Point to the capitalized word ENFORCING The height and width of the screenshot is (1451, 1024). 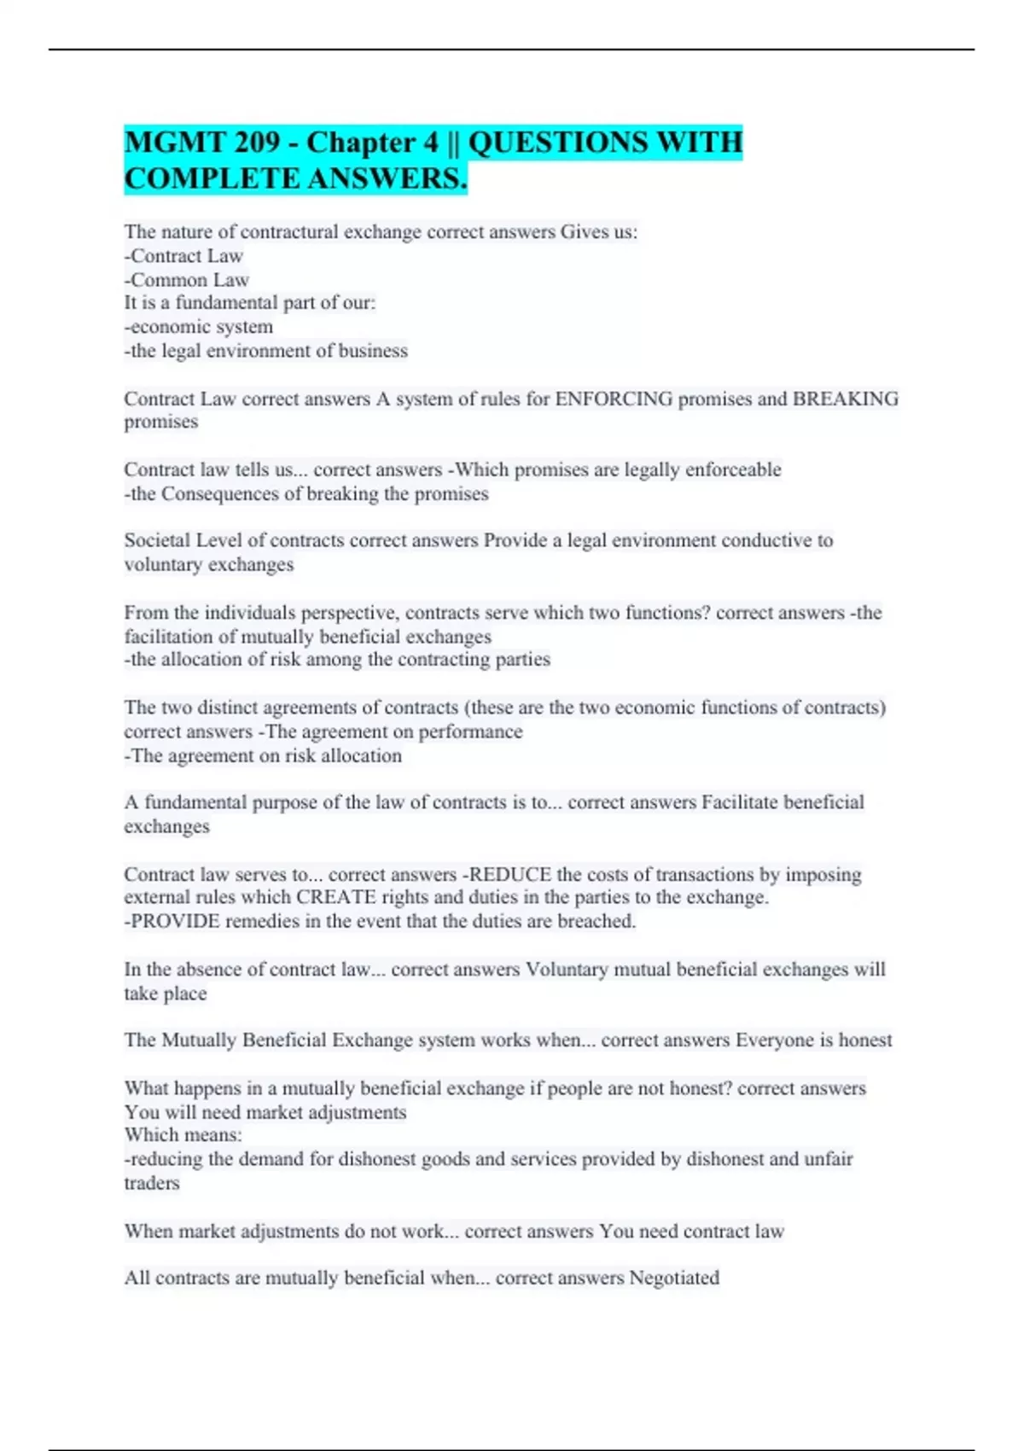pyautogui.click(x=613, y=399)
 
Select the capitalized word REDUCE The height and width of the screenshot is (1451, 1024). pyautogui.click(x=510, y=874)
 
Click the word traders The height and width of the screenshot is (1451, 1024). pyautogui.click(x=152, y=1183)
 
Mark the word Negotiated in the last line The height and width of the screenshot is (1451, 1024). pyautogui.click(x=674, y=1278)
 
